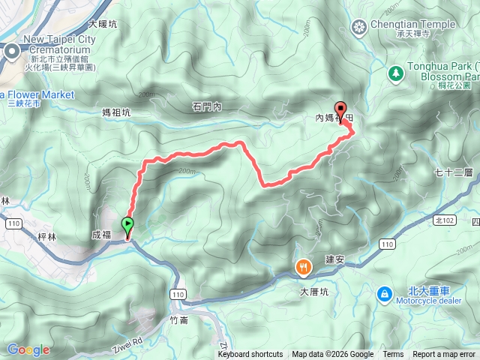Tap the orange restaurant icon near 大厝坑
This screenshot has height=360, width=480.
(x=303, y=265)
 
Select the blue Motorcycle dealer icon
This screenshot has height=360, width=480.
(x=384, y=293)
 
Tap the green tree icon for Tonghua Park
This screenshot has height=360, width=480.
(x=395, y=73)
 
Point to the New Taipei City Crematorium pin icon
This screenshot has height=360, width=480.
(x=13, y=51)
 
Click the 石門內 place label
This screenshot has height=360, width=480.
(x=208, y=107)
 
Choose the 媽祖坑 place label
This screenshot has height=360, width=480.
(x=116, y=112)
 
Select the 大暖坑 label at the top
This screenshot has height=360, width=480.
(x=103, y=24)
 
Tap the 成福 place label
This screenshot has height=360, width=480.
(x=100, y=235)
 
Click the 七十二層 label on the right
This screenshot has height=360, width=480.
(x=453, y=172)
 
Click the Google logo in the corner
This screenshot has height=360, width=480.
(x=28, y=349)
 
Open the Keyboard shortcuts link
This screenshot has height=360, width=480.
(x=250, y=355)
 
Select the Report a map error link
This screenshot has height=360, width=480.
(x=445, y=355)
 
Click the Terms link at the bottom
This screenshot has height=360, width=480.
(x=393, y=355)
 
